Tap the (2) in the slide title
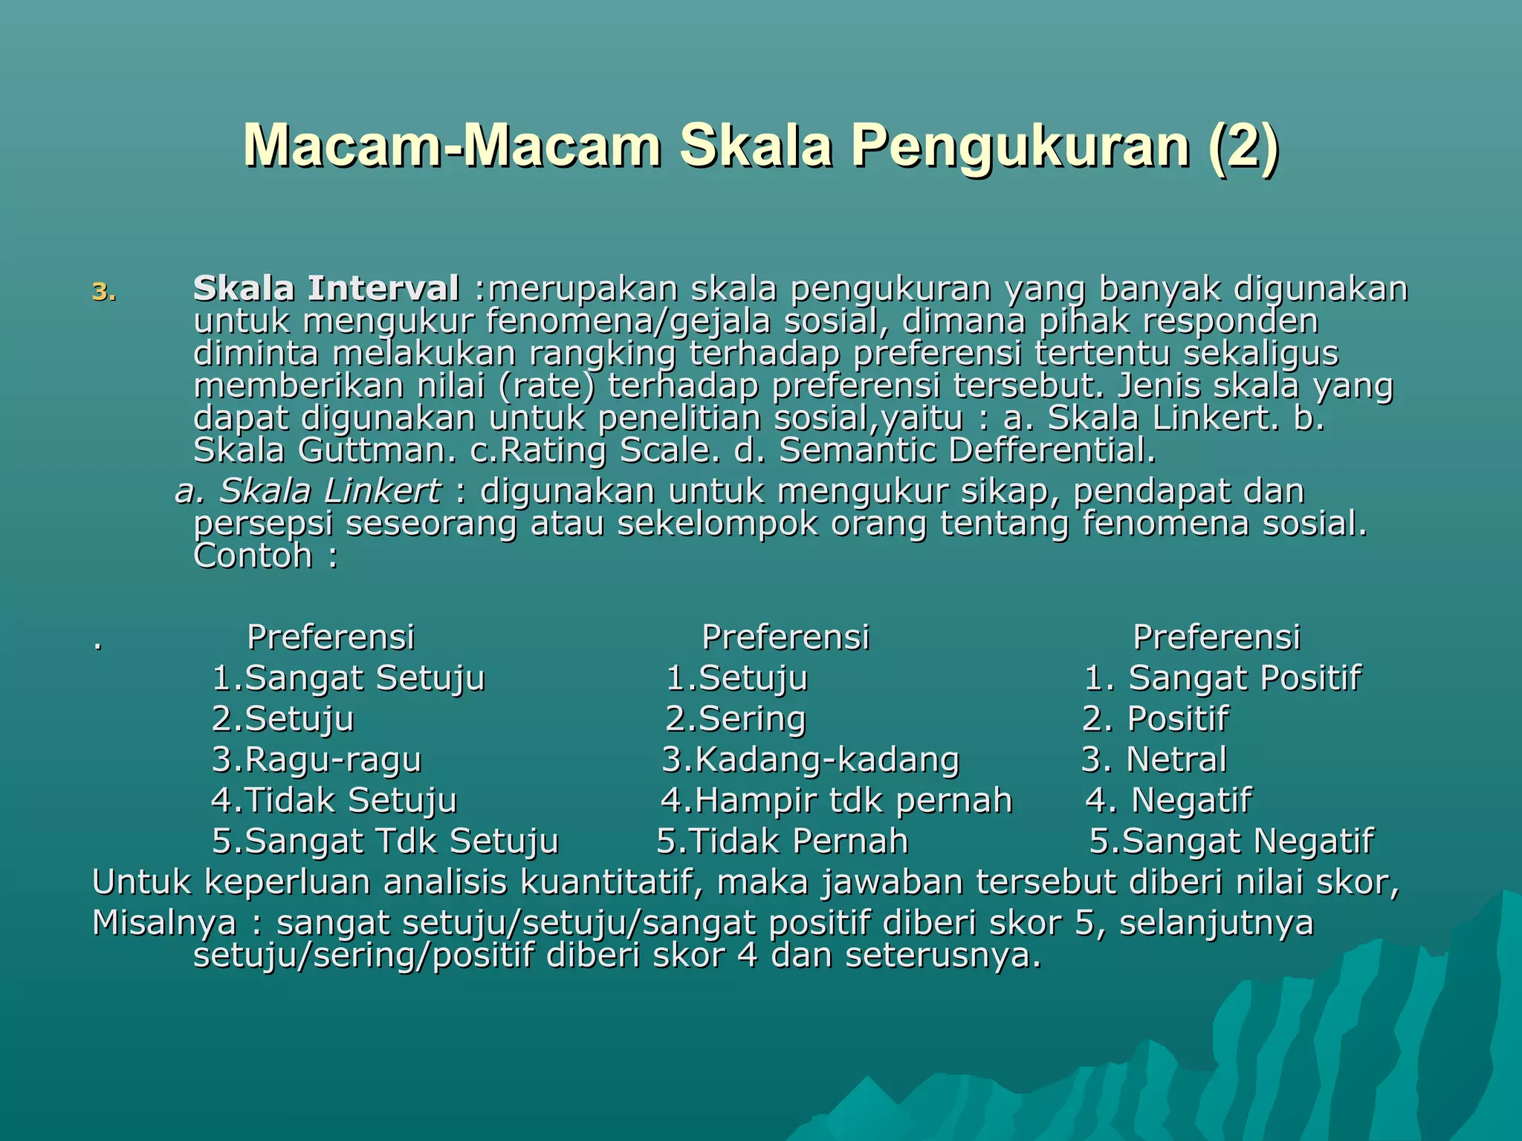coord(1243,146)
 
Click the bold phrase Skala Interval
coord(326,289)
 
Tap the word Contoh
coord(253,556)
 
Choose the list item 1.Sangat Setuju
coord(348,678)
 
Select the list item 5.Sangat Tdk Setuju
coord(385,842)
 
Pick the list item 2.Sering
coord(735,719)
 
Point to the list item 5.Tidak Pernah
coord(782,842)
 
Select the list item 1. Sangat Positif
coord(1223,678)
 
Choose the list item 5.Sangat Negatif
coord(1231,842)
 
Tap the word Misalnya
coord(164,923)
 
